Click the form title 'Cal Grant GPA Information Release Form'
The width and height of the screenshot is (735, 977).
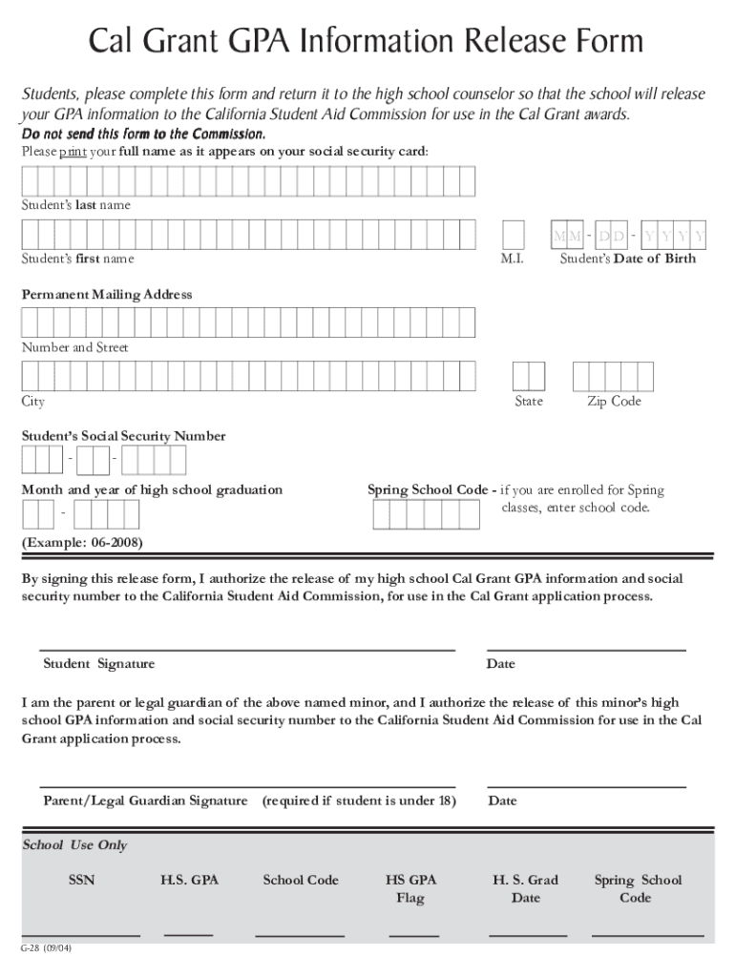point(367,42)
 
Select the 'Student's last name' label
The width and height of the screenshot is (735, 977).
point(76,205)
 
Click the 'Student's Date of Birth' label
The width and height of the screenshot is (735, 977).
point(627,259)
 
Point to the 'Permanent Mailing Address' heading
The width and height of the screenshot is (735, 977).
point(107,295)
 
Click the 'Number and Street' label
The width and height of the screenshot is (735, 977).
point(75,348)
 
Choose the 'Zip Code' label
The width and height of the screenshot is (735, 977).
point(614,402)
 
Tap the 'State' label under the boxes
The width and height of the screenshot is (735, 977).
point(529,402)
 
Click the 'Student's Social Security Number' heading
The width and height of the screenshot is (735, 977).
point(124,436)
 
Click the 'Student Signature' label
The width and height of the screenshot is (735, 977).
point(98,664)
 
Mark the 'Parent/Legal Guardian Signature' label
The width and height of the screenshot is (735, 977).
point(145,800)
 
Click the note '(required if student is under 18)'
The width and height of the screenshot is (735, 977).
point(359,800)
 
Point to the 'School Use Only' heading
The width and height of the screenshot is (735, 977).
point(74,845)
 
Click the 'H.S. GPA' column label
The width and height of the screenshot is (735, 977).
point(189,880)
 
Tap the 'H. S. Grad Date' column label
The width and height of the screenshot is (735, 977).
point(525,888)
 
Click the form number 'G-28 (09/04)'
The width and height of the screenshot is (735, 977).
point(47,949)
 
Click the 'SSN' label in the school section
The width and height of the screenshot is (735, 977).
point(82,880)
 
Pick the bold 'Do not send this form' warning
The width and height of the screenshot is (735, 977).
point(143,134)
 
